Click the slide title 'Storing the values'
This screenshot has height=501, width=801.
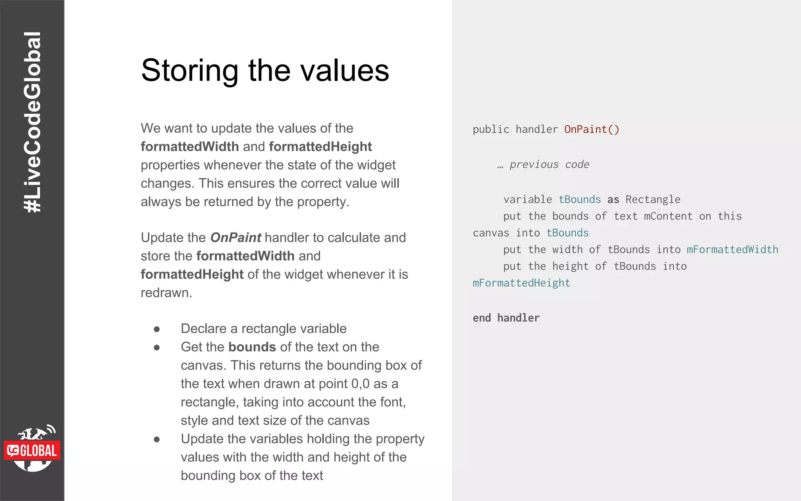[265, 70]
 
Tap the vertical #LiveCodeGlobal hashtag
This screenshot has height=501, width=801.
[32, 122]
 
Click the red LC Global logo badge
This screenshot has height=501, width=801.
[32, 451]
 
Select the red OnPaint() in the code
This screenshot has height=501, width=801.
[591, 130]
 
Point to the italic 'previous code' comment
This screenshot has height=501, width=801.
[549, 164]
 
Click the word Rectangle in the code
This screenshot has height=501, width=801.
[653, 200]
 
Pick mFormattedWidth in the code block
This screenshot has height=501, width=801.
[732, 250]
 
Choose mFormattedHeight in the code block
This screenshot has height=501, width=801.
[521, 283]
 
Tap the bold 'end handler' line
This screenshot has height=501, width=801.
[506, 318]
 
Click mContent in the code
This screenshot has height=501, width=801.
[668, 216]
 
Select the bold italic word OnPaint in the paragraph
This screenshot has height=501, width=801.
[235, 238]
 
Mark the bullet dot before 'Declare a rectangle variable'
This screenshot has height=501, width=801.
[157, 329]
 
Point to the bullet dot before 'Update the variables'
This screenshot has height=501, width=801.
[157, 440]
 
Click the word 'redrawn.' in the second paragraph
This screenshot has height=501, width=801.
[166, 293]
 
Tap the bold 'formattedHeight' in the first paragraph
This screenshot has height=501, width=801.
[320, 147]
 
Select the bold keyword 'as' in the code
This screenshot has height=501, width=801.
[613, 200]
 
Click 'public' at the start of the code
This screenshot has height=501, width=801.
[491, 130]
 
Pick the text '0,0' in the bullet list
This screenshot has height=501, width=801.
[360, 384]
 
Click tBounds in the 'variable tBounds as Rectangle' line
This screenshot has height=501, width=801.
[579, 200]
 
